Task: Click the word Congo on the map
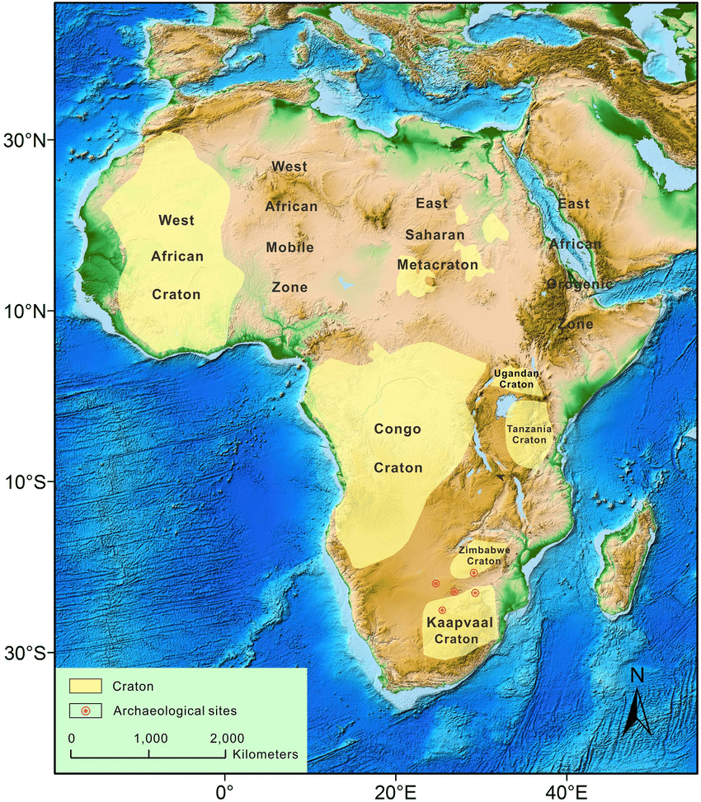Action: pyautogui.click(x=398, y=429)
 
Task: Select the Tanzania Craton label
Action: pyautogui.click(x=529, y=434)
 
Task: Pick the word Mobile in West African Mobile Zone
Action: pyautogui.click(x=289, y=246)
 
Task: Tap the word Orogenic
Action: pyautogui.click(x=580, y=284)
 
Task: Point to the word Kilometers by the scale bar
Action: pyautogui.click(x=266, y=754)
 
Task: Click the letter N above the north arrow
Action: pyautogui.click(x=637, y=674)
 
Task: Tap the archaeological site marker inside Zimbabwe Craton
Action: pyautogui.click(x=473, y=572)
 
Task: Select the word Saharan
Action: pyautogui.click(x=435, y=235)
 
